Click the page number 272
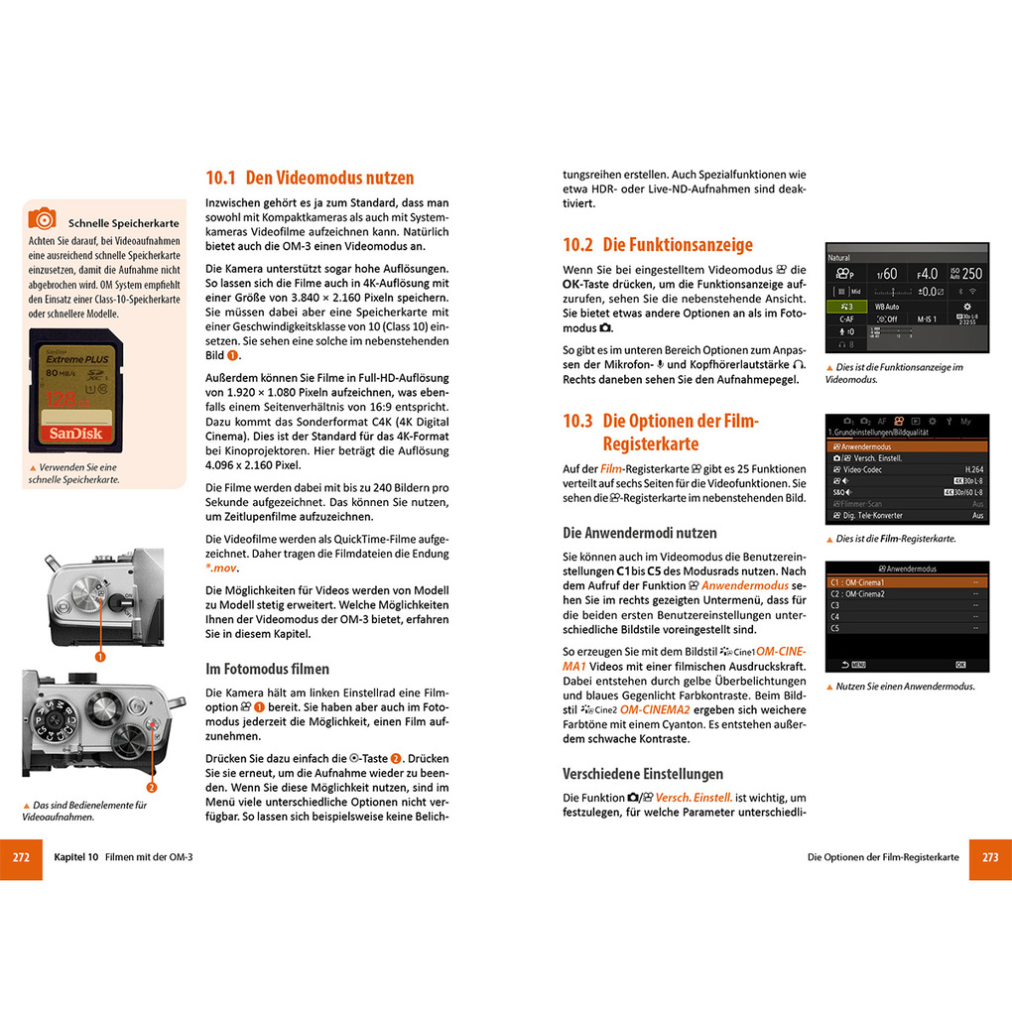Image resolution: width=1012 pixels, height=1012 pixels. point(21,857)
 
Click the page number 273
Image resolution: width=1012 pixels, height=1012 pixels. point(989,857)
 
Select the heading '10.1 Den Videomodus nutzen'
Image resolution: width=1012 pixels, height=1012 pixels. point(309,179)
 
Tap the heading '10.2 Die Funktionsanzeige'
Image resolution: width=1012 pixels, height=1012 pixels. point(658,245)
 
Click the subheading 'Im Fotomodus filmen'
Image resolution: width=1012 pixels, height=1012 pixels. point(267,669)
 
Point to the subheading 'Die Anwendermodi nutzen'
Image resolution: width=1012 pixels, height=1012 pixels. point(639,533)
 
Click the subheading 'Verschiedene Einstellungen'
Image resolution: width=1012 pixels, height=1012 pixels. point(643,774)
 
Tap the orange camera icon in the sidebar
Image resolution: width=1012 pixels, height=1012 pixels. point(42,218)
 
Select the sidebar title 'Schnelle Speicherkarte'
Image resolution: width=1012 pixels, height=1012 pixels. point(124,222)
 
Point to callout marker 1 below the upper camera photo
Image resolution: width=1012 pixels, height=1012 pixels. point(99,656)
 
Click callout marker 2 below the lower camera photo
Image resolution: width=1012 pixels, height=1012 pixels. point(151,788)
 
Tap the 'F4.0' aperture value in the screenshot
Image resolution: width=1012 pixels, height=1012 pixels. point(927,274)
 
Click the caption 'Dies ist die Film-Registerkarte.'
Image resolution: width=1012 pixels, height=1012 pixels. point(896,539)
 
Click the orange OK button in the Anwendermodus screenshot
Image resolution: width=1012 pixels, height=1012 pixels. point(959,664)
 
